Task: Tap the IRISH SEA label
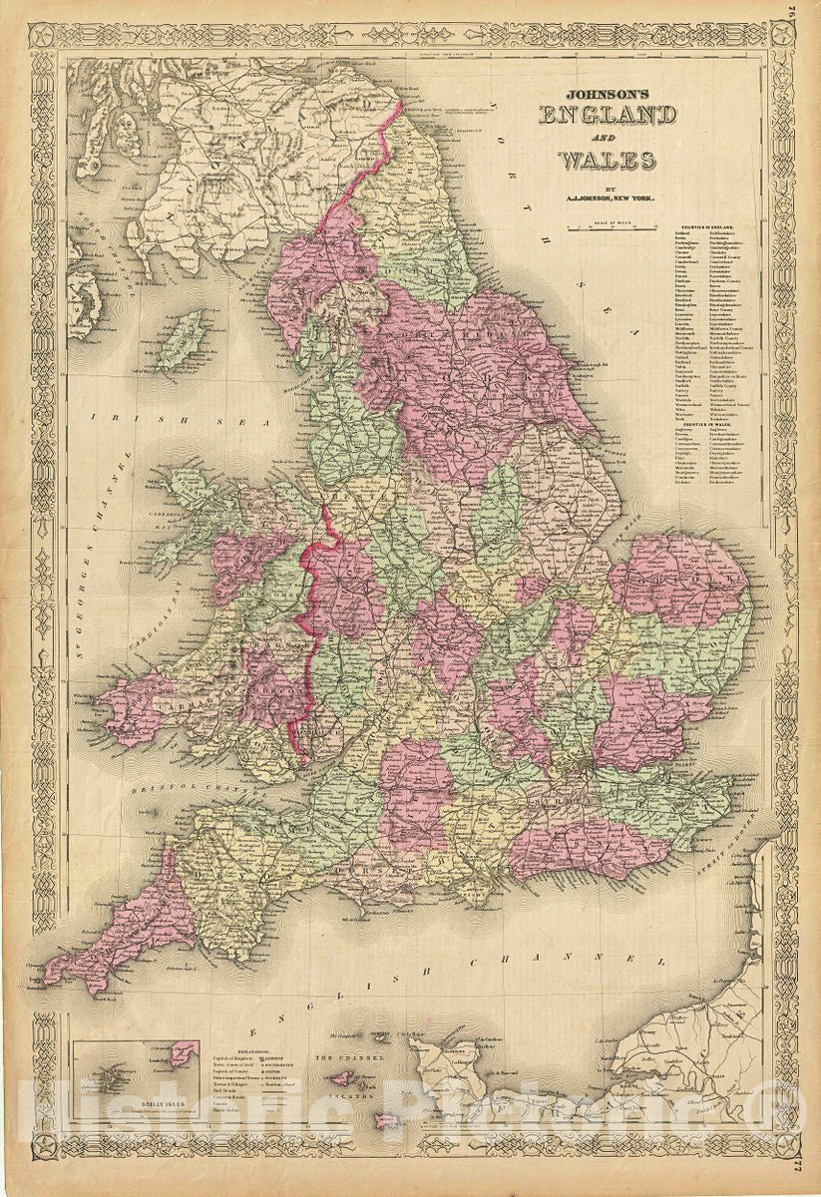point(129,418)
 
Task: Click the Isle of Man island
point(179,339)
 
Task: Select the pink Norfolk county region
point(678,579)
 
